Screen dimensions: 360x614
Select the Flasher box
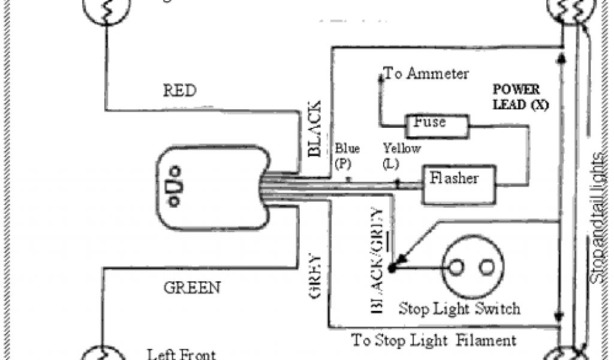(460, 184)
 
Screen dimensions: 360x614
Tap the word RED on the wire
(179, 91)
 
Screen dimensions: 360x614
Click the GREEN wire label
(192, 287)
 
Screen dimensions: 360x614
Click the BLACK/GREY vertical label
(377, 261)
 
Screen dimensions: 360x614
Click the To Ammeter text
(426, 74)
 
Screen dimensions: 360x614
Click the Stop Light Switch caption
(459, 309)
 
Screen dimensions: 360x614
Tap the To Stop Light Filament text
(433, 341)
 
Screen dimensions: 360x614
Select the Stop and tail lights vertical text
(597, 219)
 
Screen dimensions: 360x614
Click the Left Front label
(182, 354)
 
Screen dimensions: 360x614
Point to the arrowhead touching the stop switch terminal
(399, 260)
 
